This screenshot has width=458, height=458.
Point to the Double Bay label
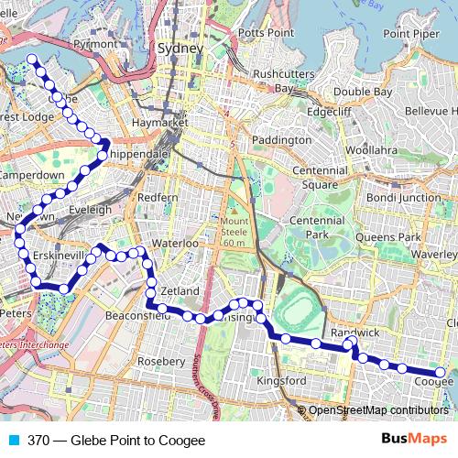tap(364, 92)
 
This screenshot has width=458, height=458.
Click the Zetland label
tap(180, 290)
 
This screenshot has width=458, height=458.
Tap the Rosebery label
tap(160, 361)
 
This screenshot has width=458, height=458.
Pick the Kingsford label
tap(282, 380)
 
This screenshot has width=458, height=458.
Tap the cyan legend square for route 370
tap(13, 440)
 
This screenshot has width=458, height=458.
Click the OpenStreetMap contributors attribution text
tap(378, 410)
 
